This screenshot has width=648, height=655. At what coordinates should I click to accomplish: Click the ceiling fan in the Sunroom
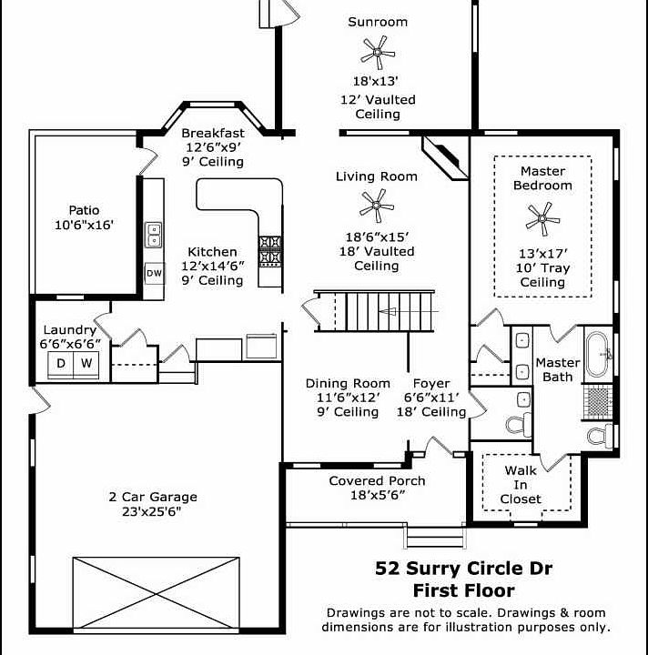(x=376, y=54)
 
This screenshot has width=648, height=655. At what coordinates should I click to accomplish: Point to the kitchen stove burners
(x=270, y=249)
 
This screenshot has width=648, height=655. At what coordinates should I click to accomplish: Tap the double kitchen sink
(x=154, y=237)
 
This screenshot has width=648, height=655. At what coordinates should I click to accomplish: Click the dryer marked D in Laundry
(x=61, y=364)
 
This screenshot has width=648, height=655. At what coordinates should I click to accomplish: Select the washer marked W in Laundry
(x=87, y=364)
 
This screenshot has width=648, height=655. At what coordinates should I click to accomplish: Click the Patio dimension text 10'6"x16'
(x=85, y=225)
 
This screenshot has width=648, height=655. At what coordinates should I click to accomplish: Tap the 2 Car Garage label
(x=153, y=497)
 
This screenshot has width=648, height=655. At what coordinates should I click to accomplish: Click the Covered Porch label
(x=377, y=480)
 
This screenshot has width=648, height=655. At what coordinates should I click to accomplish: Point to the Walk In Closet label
(x=521, y=485)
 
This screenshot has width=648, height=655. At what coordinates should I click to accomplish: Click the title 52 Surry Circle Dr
(x=464, y=569)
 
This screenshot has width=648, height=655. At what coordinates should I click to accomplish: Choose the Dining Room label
(x=348, y=383)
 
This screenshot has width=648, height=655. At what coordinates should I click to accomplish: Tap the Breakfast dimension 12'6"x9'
(x=212, y=146)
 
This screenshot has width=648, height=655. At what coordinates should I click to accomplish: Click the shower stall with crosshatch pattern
(x=598, y=399)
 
